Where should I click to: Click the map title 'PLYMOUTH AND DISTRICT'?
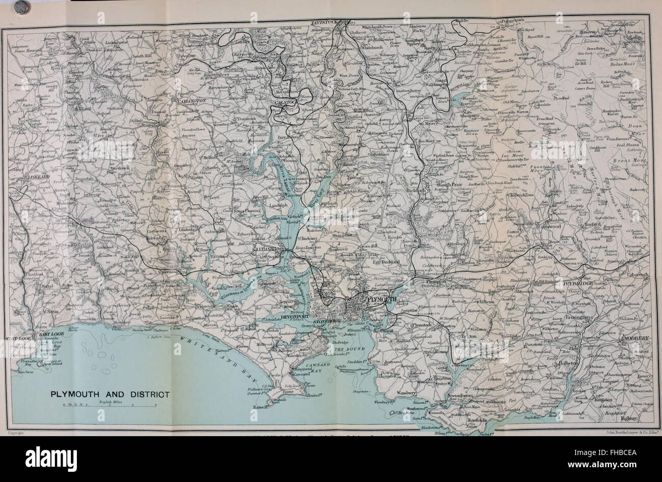(x=110, y=394)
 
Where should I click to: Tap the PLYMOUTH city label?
(x=379, y=300)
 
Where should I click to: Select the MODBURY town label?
(x=633, y=338)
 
